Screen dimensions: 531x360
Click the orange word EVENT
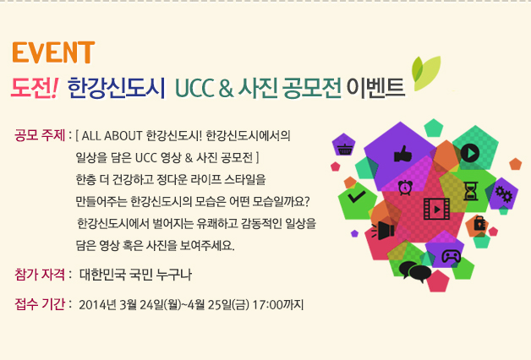tap(53, 52)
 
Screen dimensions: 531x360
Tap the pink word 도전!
tap(35, 88)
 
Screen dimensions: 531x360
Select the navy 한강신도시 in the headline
tap(116, 88)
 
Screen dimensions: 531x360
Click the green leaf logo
tap(426, 73)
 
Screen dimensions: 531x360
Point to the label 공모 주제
tap(40, 135)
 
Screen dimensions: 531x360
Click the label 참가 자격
tap(40, 274)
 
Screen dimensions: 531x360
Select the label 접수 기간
tap(40, 304)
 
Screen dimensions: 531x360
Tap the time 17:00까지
tap(277, 305)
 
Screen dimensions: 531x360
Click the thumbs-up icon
tap(402, 154)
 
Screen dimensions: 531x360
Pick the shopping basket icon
tap(344, 149)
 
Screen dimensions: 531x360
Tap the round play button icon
tap(470, 153)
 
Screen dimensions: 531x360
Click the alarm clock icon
tap(405, 188)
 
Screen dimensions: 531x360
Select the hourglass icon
tap(470, 191)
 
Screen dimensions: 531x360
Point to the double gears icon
tap(504, 194)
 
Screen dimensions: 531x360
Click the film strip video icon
tap(437, 209)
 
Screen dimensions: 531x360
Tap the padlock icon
tap(479, 222)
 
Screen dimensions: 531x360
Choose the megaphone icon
tap(383, 231)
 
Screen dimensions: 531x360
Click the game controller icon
tap(451, 256)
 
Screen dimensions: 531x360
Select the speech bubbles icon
tap(414, 271)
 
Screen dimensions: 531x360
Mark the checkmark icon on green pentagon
tap(356, 197)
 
